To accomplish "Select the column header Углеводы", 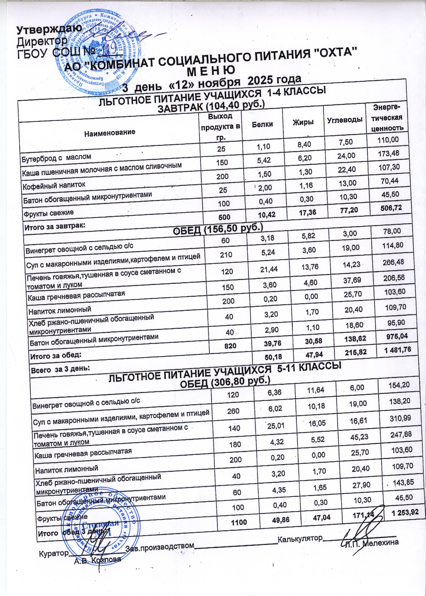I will coord(345,120).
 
